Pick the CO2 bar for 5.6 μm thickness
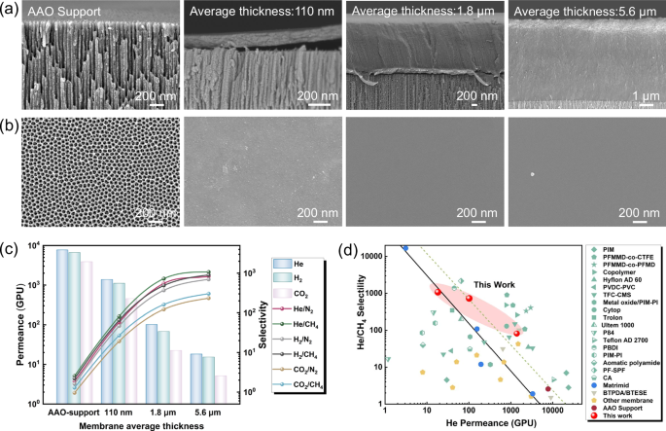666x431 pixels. (x=222, y=389)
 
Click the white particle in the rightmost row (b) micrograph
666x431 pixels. (x=532, y=175)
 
